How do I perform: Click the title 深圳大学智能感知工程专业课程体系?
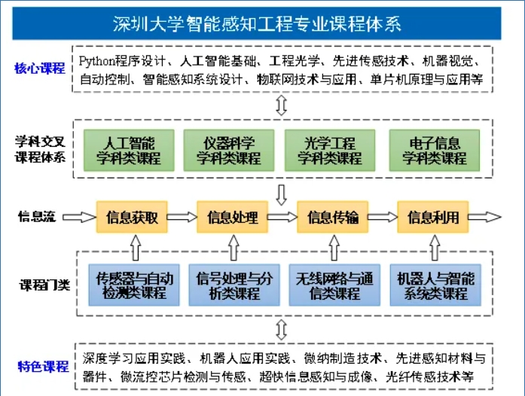click(257, 23)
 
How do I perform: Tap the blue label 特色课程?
click(43, 367)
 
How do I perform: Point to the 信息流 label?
click(37, 218)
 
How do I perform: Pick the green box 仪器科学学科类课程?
click(229, 151)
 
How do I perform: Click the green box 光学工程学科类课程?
click(330, 151)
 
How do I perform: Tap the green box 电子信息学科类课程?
click(433, 151)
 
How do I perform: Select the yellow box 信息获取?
click(133, 218)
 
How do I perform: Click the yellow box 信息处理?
click(233, 218)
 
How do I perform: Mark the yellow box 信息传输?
click(333, 218)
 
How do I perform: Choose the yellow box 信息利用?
click(433, 218)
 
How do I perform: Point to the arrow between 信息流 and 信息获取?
click(78, 218)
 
